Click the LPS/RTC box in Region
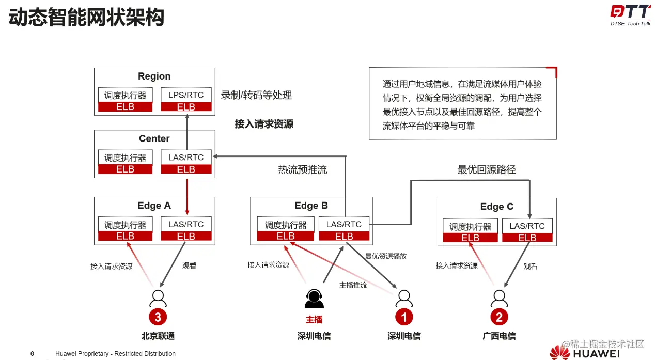tap(186, 95)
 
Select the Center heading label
tap(154, 138)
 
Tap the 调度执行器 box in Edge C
tap(470, 227)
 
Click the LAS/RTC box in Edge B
tap(344, 224)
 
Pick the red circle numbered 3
tap(158, 317)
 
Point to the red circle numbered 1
tap(404, 317)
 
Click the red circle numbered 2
tap(498, 317)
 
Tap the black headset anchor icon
tap(314, 298)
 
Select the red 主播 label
tap(314, 320)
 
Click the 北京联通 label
tap(158, 336)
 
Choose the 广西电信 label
tap(499, 336)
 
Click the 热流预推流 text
tap(302, 169)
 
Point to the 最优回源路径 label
tap(486, 169)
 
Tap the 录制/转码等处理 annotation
tap(256, 95)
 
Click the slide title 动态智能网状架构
tap(86, 18)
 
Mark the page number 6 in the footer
tap(32, 354)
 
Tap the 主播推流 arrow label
tap(353, 285)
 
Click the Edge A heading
tap(154, 206)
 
